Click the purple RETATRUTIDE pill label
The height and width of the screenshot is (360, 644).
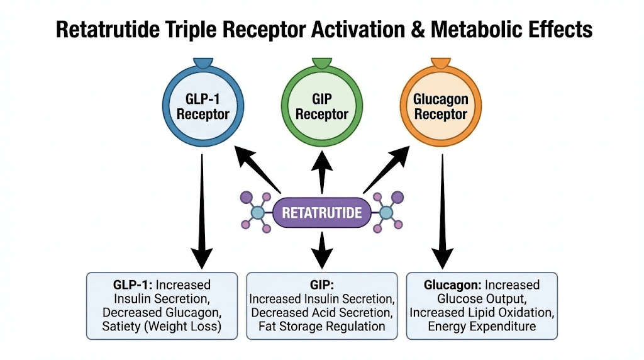(322, 213)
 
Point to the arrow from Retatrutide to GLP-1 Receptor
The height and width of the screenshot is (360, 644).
(257, 169)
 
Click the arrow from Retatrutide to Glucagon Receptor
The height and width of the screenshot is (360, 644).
(387, 169)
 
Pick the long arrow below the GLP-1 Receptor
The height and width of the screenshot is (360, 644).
(202, 211)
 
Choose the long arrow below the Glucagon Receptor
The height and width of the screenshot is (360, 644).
(442, 211)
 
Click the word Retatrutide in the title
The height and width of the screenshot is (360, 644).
(108, 30)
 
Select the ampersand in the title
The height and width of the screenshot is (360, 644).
(418, 30)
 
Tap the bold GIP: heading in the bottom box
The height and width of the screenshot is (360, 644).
(322, 285)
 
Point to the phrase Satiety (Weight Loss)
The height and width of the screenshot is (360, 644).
(162, 326)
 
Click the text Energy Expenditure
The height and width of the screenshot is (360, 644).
(482, 326)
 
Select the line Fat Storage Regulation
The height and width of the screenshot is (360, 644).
(322, 326)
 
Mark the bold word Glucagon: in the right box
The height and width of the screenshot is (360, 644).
(453, 285)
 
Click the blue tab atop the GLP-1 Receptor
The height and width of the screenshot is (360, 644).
(203, 62)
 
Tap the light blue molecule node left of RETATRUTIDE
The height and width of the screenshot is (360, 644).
(257, 213)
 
